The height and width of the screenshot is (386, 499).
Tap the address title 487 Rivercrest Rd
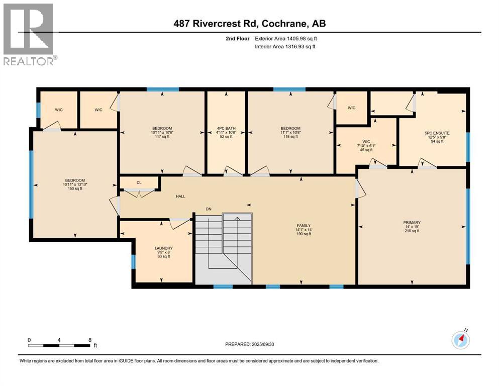click(x=249, y=24)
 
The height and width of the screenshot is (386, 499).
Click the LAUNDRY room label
click(x=164, y=248)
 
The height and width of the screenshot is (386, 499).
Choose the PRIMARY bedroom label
click(x=412, y=222)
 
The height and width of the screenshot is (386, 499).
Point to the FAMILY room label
click(x=303, y=226)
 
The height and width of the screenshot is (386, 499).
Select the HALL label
click(x=180, y=196)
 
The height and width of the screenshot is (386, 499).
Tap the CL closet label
click(x=138, y=182)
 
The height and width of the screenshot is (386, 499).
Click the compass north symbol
click(x=460, y=340)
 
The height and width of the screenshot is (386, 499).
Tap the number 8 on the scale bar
click(x=89, y=340)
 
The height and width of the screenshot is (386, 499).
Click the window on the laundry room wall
click(x=133, y=261)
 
